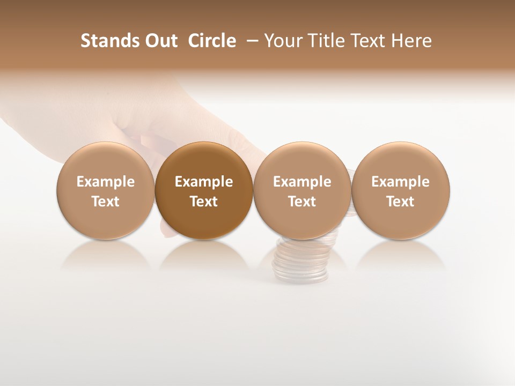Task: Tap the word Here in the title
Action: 411,41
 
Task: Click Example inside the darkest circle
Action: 203,182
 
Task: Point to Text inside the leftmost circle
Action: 105,202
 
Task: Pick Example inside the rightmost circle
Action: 400,182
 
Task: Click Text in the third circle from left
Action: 302,202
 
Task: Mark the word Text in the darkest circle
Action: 203,202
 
